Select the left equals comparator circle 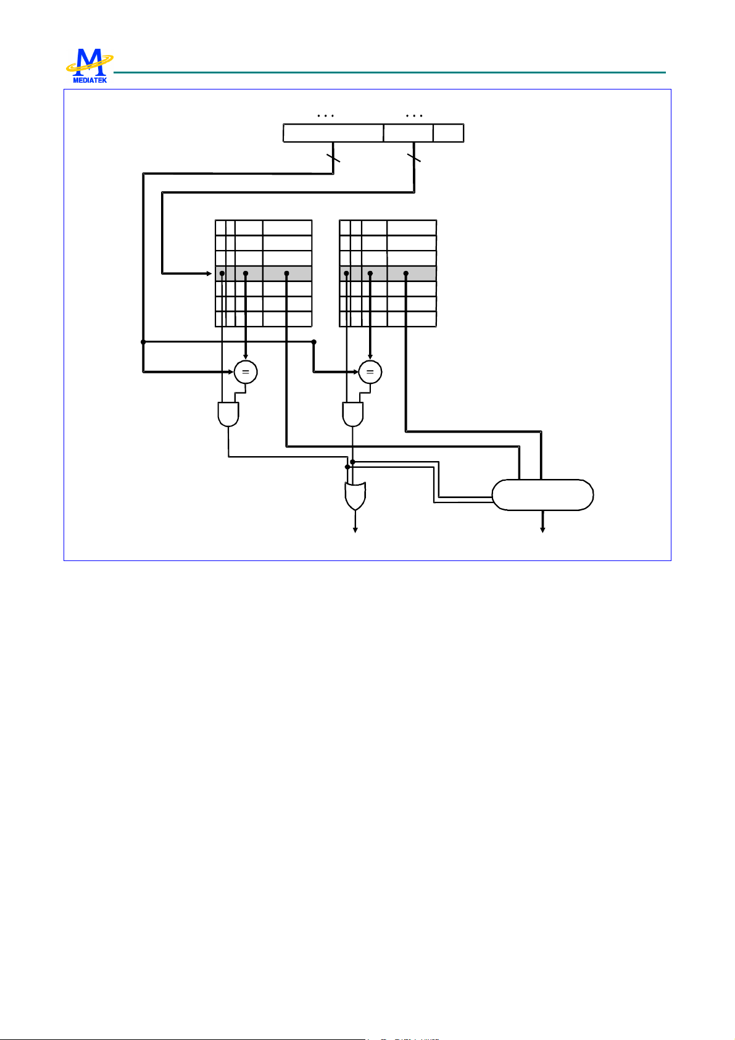pyautogui.click(x=246, y=372)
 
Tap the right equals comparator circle pyautogui.click(x=370, y=372)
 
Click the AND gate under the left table pyautogui.click(x=228, y=414)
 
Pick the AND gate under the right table pyautogui.click(x=353, y=414)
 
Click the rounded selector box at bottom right pyautogui.click(x=542, y=494)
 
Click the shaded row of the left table pyautogui.click(x=264, y=273)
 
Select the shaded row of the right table pyautogui.click(x=388, y=273)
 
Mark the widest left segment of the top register pyautogui.click(x=333, y=133)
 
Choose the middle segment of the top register pyautogui.click(x=408, y=133)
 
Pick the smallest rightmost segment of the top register pyautogui.click(x=448, y=133)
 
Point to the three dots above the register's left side pyautogui.click(x=325, y=115)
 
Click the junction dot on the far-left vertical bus pyautogui.click(x=143, y=341)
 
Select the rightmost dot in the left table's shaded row pyautogui.click(x=287, y=273)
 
